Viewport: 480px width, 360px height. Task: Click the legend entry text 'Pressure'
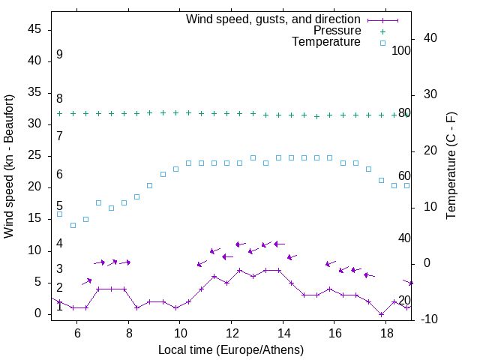click(337, 31)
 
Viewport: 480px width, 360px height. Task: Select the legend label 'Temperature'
click(326, 42)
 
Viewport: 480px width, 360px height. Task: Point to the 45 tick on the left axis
click(34, 29)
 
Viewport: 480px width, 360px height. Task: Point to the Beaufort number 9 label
click(59, 55)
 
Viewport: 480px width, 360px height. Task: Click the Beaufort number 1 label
click(59, 306)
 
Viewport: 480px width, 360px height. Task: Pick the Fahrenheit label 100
click(401, 50)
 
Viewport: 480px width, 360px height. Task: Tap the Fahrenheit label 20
click(404, 300)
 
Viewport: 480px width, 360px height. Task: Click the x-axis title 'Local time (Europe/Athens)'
click(232, 349)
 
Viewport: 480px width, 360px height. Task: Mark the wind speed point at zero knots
click(381, 314)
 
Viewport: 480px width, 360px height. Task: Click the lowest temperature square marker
click(73, 225)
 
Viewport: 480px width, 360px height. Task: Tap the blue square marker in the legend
click(382, 43)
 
